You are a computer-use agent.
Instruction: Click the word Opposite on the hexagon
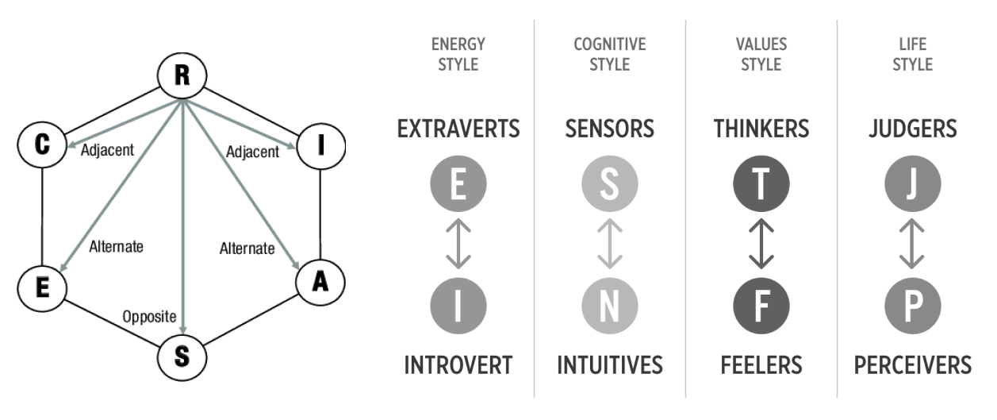point(148,317)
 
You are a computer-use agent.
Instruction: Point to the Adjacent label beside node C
point(107,148)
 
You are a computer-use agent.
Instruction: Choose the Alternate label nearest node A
point(247,249)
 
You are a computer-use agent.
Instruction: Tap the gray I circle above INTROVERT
point(458,305)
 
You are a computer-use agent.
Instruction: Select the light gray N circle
point(609,305)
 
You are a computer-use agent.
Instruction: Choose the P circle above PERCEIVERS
point(912,305)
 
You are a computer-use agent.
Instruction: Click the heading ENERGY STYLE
point(458,54)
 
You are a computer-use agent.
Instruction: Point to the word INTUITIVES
point(609,365)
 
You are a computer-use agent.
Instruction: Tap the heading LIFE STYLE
point(912,54)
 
